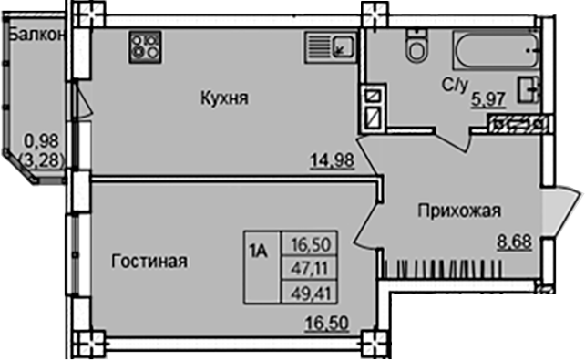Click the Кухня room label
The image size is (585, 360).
[x=224, y=98]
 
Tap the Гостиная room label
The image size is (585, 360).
[x=149, y=262]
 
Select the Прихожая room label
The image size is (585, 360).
[x=460, y=212]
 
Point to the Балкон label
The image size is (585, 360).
[x=35, y=35]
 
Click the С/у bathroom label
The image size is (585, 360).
[x=455, y=85]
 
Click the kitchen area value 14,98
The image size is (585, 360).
[x=331, y=163]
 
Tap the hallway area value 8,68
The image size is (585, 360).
[x=514, y=242]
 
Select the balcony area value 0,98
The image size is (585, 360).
[x=40, y=140]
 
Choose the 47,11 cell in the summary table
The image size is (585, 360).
[x=310, y=269]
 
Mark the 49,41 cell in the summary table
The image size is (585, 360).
[x=310, y=293]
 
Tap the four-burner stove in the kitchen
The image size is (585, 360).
[x=144, y=45]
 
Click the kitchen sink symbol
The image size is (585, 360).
[x=329, y=44]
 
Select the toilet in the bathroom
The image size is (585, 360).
[x=417, y=45]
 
